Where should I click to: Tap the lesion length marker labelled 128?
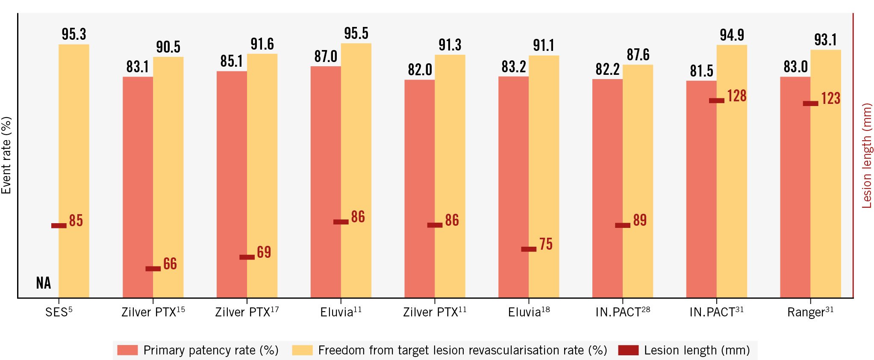[717, 100]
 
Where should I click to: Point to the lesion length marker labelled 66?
[153, 269]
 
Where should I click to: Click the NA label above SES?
[44, 283]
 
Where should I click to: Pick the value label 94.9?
[732, 35]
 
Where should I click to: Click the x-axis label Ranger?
[810, 312]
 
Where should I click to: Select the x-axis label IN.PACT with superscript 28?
[623, 312]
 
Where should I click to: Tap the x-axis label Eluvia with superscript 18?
[529, 312]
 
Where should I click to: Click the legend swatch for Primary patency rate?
[127, 350]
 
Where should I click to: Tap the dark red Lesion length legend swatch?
[628, 350]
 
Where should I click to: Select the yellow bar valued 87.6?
[638, 180]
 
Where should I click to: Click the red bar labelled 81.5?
[701, 188]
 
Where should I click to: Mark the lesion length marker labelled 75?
[529, 249]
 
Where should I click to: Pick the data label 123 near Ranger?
[830, 98]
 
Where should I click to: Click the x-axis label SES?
[59, 312]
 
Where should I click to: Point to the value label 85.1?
[231, 62]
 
